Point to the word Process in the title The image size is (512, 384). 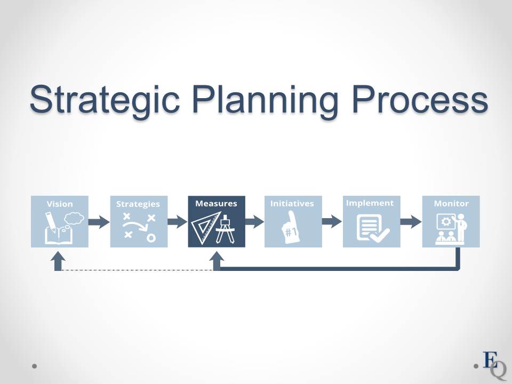point(420,99)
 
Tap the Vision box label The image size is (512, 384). point(60,204)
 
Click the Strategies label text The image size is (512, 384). point(138,204)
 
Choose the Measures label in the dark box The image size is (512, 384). point(216,203)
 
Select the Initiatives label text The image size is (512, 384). point(292,203)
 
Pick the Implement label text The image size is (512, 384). point(370,203)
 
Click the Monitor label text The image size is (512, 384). point(451,203)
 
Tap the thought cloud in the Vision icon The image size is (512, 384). point(74,218)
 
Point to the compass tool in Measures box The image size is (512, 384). point(226,229)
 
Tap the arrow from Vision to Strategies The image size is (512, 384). point(99,222)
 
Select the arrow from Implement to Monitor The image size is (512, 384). point(411,222)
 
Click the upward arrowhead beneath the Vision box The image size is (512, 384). point(58,257)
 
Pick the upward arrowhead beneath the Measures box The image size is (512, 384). point(217,257)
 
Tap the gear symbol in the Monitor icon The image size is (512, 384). point(446,222)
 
